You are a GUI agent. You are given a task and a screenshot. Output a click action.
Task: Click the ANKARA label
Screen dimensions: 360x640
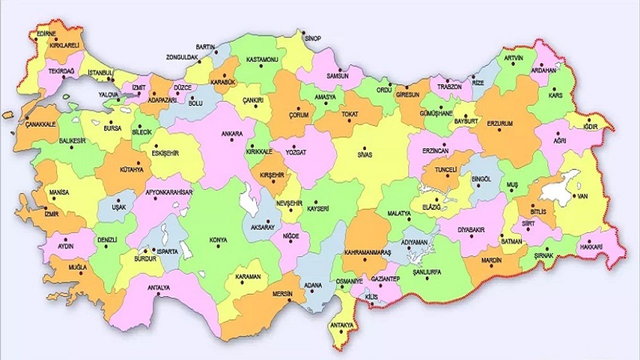232,133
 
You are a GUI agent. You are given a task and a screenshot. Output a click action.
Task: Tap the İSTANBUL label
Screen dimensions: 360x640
100,72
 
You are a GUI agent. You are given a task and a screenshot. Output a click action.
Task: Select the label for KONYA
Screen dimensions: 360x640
218,240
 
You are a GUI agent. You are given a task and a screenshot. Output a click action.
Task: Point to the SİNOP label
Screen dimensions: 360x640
312,38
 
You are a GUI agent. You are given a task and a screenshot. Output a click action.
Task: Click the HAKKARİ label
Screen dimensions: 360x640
592,247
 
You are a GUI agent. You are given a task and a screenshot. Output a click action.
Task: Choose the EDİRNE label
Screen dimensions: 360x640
46,33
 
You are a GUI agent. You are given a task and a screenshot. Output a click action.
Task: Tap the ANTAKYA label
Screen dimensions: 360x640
341,325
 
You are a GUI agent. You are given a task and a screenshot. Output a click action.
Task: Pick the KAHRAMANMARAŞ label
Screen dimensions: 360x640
367,253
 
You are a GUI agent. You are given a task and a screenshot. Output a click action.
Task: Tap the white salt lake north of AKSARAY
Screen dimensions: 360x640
247,199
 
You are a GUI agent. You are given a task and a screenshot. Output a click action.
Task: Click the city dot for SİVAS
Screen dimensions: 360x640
364,148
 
